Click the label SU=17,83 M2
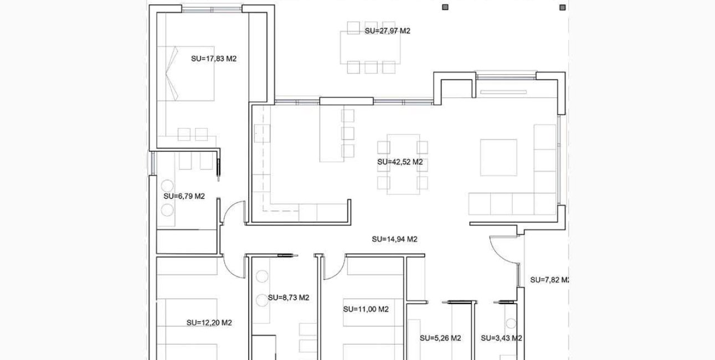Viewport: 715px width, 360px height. [214, 59]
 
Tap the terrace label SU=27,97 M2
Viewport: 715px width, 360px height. [387, 31]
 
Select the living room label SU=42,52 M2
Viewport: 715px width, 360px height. [400, 162]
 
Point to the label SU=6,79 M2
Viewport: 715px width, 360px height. [184, 196]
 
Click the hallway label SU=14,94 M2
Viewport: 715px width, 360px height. [394, 239]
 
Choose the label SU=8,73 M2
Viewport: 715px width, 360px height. [289, 298]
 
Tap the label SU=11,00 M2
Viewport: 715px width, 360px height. [366, 309]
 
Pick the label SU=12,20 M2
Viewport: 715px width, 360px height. [209, 323]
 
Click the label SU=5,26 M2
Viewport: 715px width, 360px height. [440, 338]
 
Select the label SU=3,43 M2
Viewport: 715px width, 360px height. [501, 338]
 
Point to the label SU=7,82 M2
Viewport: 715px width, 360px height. [549, 280]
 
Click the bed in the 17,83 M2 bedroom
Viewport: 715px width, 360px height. [186, 74]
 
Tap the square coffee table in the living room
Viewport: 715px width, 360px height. [498, 157]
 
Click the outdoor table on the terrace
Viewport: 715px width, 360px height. [371, 48]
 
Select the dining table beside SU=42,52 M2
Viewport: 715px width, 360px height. [403, 164]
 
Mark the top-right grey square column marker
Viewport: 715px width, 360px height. [563, 7]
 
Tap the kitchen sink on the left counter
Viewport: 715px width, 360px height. [262, 133]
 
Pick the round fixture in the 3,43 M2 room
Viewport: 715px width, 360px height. [511, 323]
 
